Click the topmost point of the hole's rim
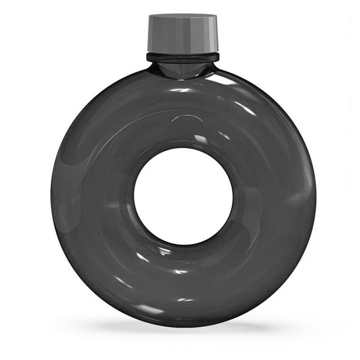coord(183,147)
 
